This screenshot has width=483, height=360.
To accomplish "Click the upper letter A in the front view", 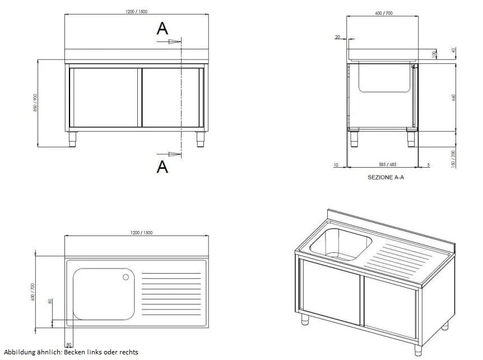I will pos(162,29).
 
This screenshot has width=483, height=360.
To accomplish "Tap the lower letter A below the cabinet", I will pos(162,166).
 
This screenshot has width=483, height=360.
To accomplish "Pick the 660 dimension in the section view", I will pos(454,96).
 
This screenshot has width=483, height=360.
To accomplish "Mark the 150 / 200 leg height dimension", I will pos(454,158).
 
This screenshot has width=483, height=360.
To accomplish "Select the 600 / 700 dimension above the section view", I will pos(383,13).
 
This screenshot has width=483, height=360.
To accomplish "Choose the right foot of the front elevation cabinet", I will pos(201,138).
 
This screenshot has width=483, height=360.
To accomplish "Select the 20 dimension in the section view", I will pos(337,37).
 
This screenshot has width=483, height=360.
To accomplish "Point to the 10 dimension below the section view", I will pos(335,164).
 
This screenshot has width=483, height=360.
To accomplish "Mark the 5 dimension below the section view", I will pos(428,164).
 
